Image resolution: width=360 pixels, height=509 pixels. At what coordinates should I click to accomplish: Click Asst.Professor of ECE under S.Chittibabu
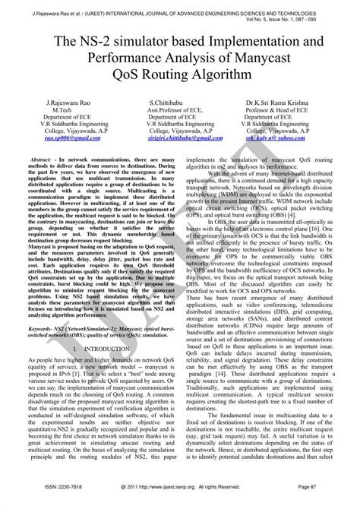pos(179,110)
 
